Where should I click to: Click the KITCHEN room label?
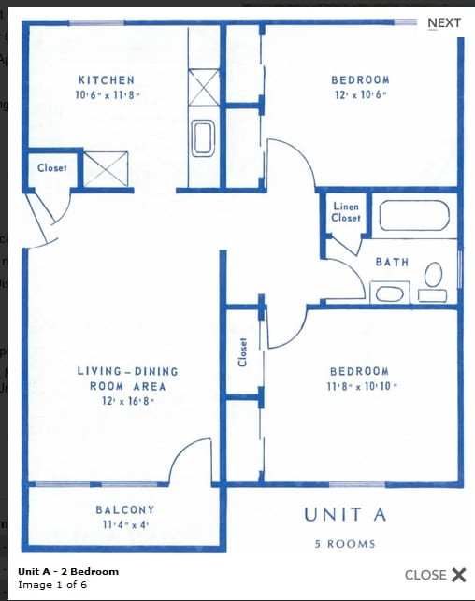point(107,80)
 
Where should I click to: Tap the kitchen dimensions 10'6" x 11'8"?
point(107,94)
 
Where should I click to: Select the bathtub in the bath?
point(414,215)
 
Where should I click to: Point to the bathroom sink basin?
point(390,294)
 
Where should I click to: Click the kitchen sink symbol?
point(203,138)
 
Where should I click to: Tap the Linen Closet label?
point(346,212)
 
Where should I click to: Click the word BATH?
point(392,262)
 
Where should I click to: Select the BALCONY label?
point(125,509)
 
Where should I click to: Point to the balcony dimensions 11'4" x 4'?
point(125,524)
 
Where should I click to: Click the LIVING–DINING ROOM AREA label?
point(128,379)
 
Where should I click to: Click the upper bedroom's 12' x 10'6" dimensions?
point(360,94)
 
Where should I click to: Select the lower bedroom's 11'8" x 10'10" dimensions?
point(362,386)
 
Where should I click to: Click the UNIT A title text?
point(345,515)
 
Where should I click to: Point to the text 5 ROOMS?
point(345,544)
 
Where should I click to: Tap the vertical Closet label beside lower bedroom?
point(242,352)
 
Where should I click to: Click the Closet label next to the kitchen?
point(52,168)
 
